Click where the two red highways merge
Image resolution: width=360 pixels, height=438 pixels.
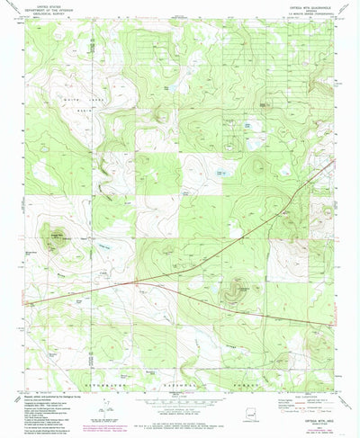tap(135, 281)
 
